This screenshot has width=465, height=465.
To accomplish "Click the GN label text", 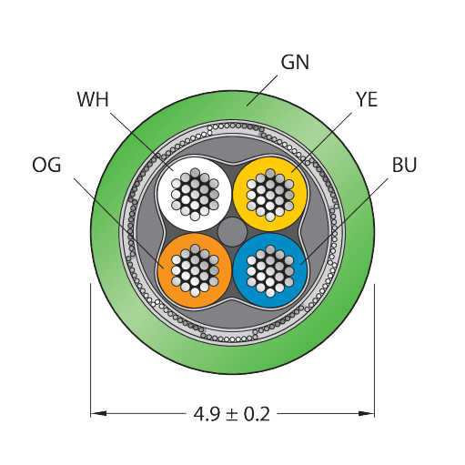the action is point(295,62).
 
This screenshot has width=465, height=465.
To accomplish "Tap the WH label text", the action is point(93,99).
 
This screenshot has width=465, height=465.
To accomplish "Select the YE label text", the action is point(367,99).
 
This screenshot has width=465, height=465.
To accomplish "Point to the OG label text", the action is point(46,165).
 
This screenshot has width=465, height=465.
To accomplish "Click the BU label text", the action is point(404,165).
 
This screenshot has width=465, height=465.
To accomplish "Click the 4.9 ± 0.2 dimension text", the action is point(232,414).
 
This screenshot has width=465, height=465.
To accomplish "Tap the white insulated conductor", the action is point(195,194).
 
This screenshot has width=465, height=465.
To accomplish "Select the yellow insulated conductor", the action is point(270,194).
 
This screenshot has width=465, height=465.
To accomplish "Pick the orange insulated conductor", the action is point(195,270).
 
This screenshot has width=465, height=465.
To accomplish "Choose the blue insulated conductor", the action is point(270,270).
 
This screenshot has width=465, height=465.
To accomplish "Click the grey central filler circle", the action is point(232,232).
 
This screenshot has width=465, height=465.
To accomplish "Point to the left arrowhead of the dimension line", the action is point(98,413).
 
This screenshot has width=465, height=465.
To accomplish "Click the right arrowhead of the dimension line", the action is point(367,413).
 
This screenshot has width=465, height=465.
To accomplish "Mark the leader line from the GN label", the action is point(262,91).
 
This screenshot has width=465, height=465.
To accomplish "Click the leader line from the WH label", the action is point(142,142).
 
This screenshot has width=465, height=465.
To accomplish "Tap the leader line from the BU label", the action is point(344,221).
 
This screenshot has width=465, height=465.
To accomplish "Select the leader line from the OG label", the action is point(119,223).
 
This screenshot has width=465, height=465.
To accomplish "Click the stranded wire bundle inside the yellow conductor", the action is point(270,195).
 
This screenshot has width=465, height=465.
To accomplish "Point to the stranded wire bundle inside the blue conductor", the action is point(270,271).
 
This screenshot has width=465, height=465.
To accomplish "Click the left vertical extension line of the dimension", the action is point(90,350).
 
